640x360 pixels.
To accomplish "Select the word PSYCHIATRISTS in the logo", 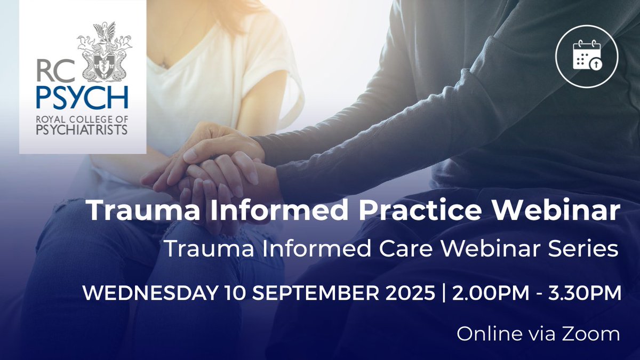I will [x=82, y=130].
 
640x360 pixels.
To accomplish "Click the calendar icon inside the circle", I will [x=587, y=55].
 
